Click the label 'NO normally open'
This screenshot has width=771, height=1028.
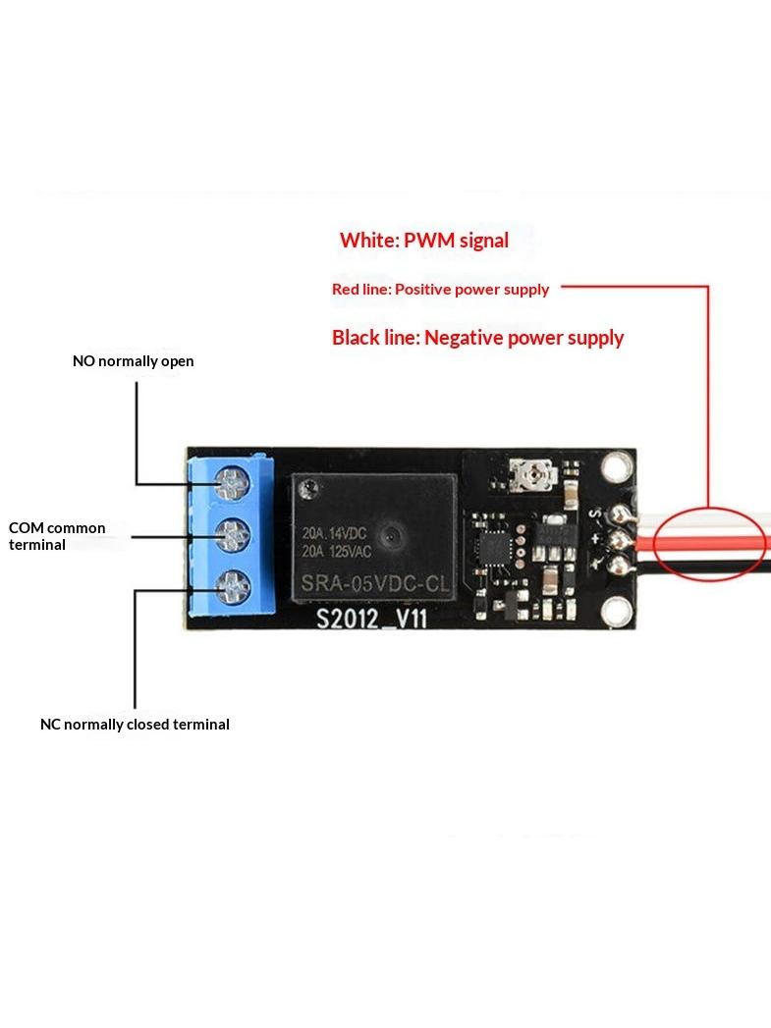134,361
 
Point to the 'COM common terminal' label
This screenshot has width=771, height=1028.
57,536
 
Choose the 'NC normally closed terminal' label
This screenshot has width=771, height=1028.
136,725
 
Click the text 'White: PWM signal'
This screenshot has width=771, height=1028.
424,241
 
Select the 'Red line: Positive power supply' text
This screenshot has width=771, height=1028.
441,289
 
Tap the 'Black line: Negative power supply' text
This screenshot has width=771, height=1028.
478,338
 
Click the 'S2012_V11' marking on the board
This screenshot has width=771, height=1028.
371,619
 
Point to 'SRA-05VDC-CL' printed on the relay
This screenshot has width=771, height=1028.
375,583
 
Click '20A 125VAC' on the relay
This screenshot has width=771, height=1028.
336,552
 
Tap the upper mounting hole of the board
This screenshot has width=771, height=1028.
615,467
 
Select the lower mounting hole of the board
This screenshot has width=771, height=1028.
615,612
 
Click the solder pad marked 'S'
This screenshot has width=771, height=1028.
618,514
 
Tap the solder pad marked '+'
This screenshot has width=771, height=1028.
618,540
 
